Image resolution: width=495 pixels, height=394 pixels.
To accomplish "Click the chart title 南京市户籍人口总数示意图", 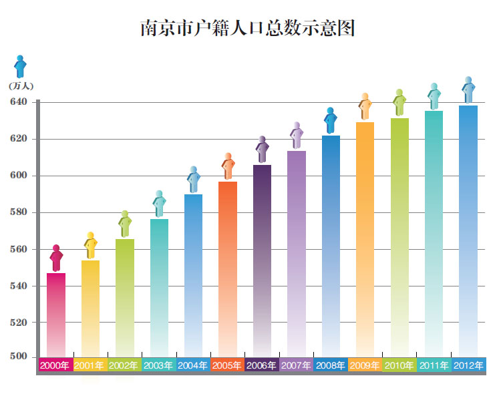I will point(247,28).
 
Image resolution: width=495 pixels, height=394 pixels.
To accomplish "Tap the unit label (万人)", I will point(21,85).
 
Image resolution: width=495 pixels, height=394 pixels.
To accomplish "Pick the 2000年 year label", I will point(55,365).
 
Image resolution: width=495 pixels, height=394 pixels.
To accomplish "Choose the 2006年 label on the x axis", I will point(262,365).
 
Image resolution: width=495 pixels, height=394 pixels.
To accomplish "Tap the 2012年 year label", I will point(468,365).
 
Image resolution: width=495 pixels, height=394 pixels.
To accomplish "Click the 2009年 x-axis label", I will point(365,365).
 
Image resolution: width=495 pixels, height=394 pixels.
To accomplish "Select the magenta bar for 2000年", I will point(56,314).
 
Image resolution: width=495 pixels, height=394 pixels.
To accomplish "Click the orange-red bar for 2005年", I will point(228,267).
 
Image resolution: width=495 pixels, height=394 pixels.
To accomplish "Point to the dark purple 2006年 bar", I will point(262,260).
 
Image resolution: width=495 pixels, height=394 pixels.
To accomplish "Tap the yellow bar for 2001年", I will point(90,307).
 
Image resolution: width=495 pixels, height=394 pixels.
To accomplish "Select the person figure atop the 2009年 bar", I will point(365,106).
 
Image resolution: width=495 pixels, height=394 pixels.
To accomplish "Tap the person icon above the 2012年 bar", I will point(468,89).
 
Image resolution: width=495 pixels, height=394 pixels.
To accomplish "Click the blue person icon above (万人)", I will point(21,67).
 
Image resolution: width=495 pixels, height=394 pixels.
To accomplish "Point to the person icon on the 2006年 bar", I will point(262,150).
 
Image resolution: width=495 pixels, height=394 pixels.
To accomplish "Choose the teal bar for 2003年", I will point(159,287).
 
